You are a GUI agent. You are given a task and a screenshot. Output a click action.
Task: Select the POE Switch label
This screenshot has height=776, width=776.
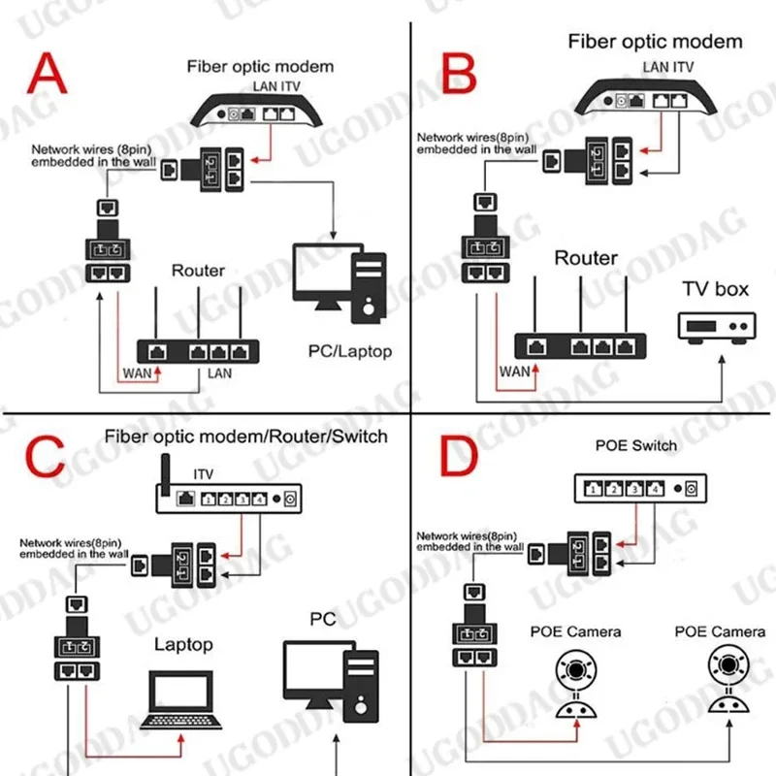636,445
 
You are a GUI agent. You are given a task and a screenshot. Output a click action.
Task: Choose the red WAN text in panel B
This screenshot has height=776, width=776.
513,370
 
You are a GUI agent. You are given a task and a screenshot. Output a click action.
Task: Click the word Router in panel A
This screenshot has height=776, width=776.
198,271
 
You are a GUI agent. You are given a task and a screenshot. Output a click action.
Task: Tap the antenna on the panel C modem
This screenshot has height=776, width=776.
164,473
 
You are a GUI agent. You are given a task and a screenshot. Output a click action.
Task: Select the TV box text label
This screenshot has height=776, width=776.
717,288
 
